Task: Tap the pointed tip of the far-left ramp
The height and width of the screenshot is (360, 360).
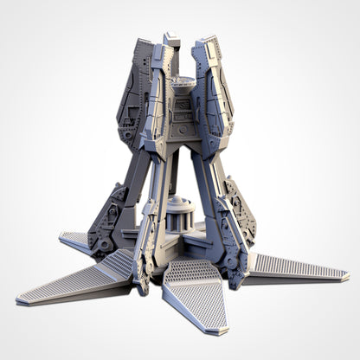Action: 19,301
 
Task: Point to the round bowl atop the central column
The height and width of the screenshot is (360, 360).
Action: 182,84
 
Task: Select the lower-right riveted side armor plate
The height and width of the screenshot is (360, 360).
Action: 240,212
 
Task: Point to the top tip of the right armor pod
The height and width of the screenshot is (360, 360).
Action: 209,40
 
